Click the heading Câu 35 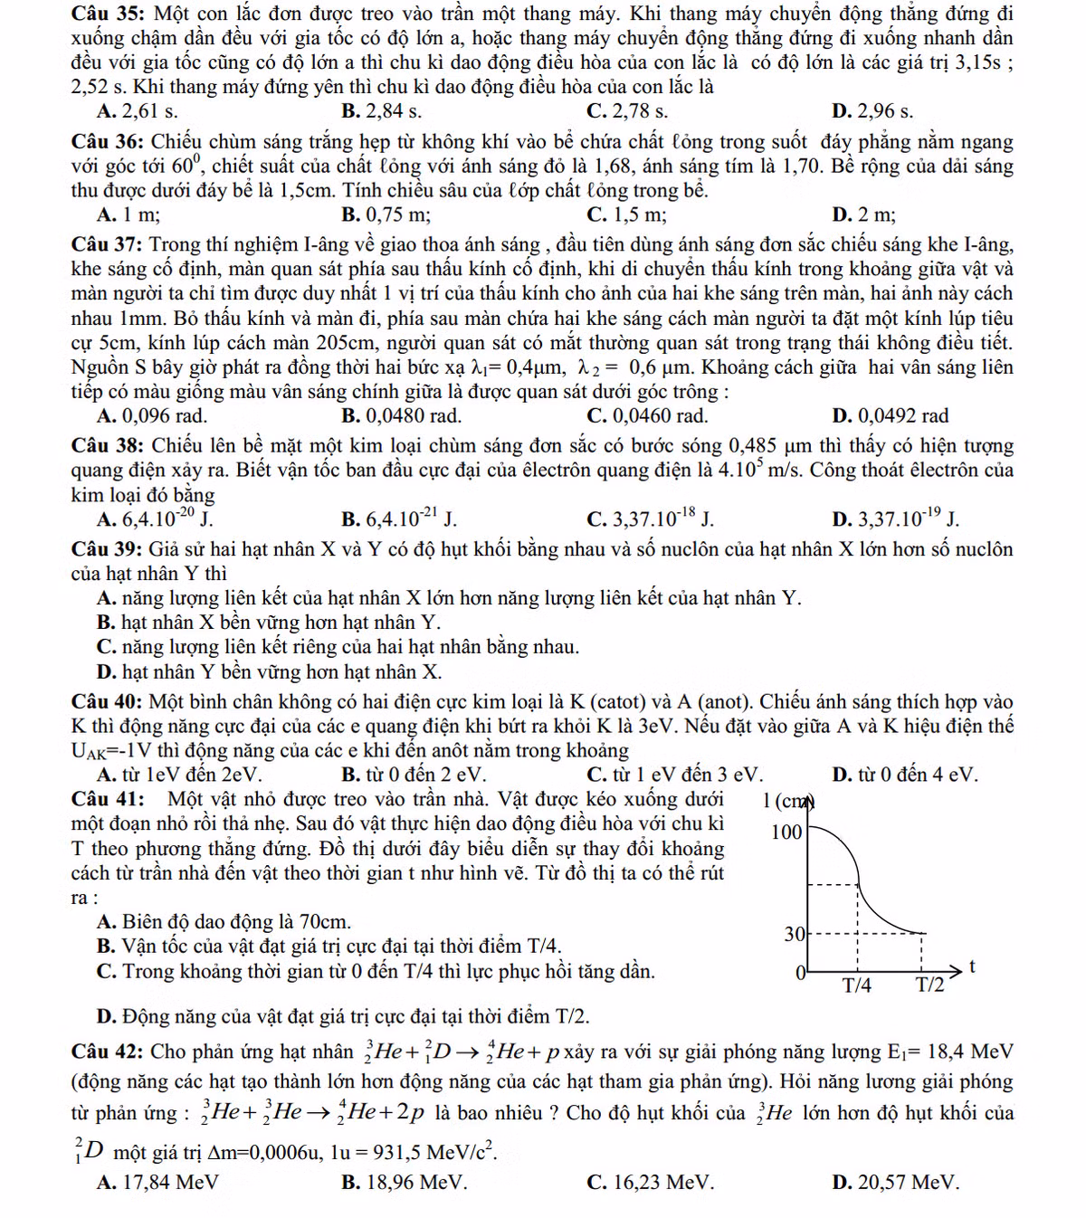tap(107, 14)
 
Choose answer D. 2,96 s tap(872, 112)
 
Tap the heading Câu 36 tap(107, 143)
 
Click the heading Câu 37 tap(107, 245)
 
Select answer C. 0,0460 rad tap(647, 416)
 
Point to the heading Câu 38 tap(107, 447)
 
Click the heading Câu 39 tap(107, 550)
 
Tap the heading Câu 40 tap(107, 702)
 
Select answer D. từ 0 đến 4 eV tap(904, 776)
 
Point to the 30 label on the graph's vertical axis tap(794, 934)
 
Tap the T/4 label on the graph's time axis tap(856, 985)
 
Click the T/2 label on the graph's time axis tap(929, 985)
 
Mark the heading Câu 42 tap(107, 1052)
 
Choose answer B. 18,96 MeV tap(405, 1183)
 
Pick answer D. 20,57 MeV tap(895, 1183)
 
